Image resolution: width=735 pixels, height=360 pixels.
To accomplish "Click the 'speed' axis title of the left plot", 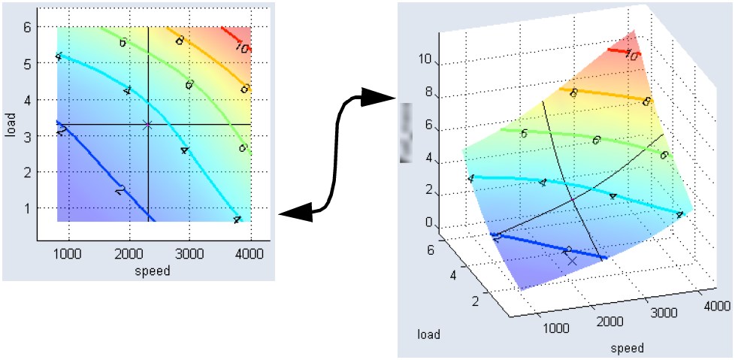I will point(153,271).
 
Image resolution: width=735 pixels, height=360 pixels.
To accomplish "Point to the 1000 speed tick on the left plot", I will point(68,255).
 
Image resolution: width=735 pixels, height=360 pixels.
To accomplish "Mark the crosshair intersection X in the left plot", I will point(147,125).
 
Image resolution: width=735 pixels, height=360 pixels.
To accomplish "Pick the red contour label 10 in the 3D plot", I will point(632,56).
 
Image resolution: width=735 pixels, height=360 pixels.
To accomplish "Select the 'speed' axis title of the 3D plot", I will point(627,348).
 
